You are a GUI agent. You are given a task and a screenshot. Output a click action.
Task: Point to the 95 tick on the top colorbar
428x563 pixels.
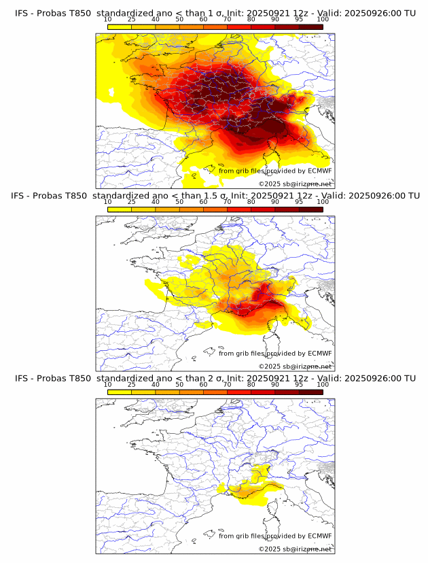(299, 19)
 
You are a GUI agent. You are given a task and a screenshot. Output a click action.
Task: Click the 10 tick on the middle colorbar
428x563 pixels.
(107, 202)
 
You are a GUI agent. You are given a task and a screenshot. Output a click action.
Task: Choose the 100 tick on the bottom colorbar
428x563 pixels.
(323, 385)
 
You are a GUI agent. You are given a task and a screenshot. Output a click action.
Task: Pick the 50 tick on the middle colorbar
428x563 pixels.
(179, 202)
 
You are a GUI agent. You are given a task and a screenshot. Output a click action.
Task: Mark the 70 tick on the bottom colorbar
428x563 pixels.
(227, 385)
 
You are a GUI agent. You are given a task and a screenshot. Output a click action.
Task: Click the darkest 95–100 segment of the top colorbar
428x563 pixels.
(310, 27)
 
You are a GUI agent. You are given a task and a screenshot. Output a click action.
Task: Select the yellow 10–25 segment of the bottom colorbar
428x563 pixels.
(120, 392)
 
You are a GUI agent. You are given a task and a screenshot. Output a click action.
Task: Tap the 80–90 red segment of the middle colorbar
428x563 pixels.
(263, 209)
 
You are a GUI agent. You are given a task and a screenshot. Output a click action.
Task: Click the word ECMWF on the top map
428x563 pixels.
(319, 171)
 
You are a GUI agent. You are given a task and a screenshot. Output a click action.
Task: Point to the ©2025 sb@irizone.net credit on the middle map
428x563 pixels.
(295, 366)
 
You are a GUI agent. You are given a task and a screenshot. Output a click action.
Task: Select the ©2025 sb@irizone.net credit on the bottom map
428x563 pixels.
(295, 549)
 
